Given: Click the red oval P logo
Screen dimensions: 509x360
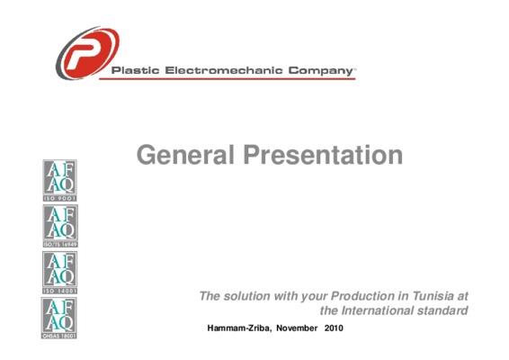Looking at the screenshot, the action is tap(87, 53).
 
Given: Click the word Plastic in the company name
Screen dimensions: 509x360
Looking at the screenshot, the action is tap(136, 70).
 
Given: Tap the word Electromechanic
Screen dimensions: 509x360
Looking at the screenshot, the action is tap(224, 70).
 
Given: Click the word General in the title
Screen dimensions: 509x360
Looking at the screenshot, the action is tap(185, 155).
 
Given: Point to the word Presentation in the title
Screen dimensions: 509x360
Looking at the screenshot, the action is tap(323, 155).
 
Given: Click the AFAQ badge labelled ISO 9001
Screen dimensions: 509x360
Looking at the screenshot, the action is tap(60, 180).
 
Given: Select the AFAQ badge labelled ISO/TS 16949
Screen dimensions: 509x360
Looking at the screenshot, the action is tap(60, 226).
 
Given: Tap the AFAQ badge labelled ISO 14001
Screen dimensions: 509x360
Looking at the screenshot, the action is tap(60, 273).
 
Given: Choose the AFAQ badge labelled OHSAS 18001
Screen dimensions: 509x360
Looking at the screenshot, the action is tap(59, 318).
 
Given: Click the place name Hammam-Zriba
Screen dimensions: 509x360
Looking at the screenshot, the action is tap(238, 328).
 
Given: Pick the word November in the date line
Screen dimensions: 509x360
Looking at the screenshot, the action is tap(297, 328).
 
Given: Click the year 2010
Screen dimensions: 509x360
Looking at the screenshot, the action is tap(334, 328).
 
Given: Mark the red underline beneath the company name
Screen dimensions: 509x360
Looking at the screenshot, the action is tap(228, 78).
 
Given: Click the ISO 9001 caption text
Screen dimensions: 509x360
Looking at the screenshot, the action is tap(60, 198).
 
